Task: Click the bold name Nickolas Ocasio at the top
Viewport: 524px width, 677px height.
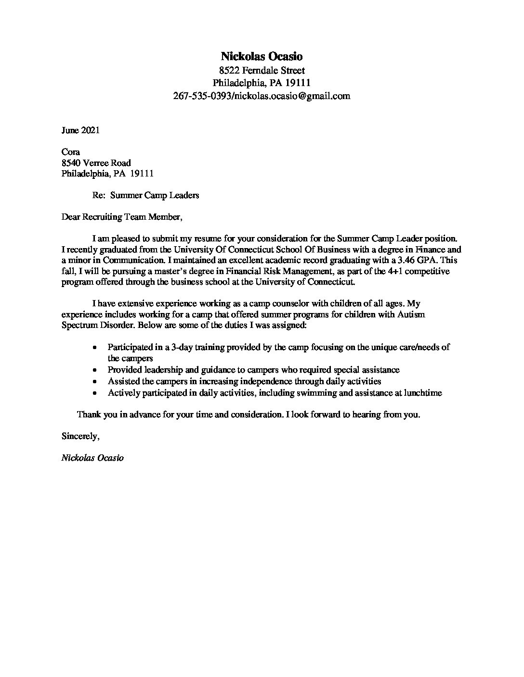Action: (x=262, y=57)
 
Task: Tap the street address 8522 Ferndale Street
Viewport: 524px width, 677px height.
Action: (x=262, y=70)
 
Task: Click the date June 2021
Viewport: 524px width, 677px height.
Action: (x=80, y=130)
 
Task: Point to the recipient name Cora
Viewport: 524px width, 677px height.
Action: (x=70, y=152)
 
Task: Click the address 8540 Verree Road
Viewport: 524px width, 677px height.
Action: (x=96, y=163)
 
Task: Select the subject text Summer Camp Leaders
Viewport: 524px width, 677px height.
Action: (x=154, y=195)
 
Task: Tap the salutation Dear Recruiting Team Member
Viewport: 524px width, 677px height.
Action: (x=122, y=217)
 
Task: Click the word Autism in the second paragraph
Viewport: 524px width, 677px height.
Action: (x=411, y=314)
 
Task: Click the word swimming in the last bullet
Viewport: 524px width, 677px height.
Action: (x=319, y=393)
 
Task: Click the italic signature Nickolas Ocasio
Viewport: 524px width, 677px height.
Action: (x=92, y=458)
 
